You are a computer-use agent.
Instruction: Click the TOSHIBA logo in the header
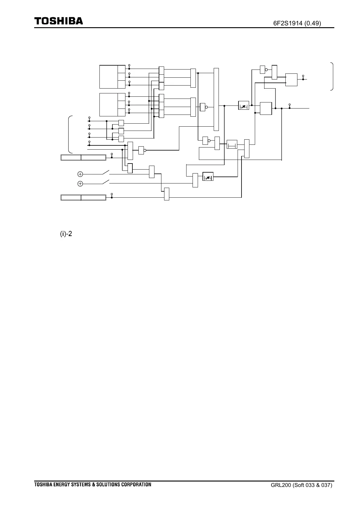coord(58,21)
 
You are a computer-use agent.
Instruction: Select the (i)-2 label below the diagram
coord(66,234)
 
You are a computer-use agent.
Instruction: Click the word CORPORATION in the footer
coord(135,485)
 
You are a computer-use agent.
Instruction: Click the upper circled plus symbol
coord(80,174)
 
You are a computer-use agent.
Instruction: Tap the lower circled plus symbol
coord(80,183)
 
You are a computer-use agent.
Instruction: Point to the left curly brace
coord(70,134)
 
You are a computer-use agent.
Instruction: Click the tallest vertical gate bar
coord(216,99)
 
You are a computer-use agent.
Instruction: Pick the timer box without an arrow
coord(232,144)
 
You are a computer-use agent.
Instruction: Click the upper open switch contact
coord(106,173)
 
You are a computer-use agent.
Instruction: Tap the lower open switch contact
coord(106,182)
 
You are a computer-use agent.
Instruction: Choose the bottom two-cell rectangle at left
coord(83,198)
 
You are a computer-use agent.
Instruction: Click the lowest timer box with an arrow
coord(208,176)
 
